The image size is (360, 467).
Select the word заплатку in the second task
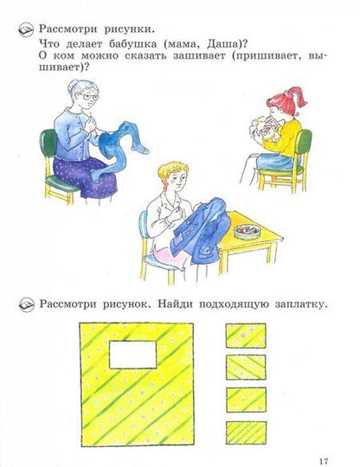pyautogui.click(x=301, y=304)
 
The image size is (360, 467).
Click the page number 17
pyautogui.click(x=324, y=461)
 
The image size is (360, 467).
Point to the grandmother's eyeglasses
pyautogui.click(x=88, y=97)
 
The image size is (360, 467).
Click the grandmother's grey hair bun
pyautogui.click(x=72, y=86)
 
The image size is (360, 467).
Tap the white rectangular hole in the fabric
pyautogui.click(x=133, y=355)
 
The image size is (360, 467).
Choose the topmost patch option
pyautogui.click(x=246, y=336)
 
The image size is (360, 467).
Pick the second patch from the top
pyautogui.click(x=246, y=368)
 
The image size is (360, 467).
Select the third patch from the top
pyautogui.click(x=246, y=400)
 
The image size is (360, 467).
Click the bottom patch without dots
pyautogui.click(x=246, y=432)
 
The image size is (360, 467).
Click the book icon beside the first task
pyautogui.click(x=26, y=29)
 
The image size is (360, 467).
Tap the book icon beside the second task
pyautogui.click(x=27, y=305)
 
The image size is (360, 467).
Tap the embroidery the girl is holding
pyautogui.click(x=262, y=129)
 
